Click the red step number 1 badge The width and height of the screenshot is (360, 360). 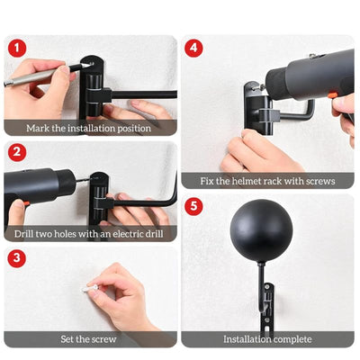point(17,47)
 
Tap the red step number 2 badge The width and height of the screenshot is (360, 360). point(17,151)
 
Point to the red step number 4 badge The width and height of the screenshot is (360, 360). point(194,47)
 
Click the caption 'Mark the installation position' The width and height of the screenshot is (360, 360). point(90,128)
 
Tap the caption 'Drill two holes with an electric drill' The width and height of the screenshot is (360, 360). point(90,233)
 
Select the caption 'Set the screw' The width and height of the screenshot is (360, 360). point(90,339)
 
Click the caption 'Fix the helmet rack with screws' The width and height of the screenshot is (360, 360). point(267,181)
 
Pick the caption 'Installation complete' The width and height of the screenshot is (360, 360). point(267,339)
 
